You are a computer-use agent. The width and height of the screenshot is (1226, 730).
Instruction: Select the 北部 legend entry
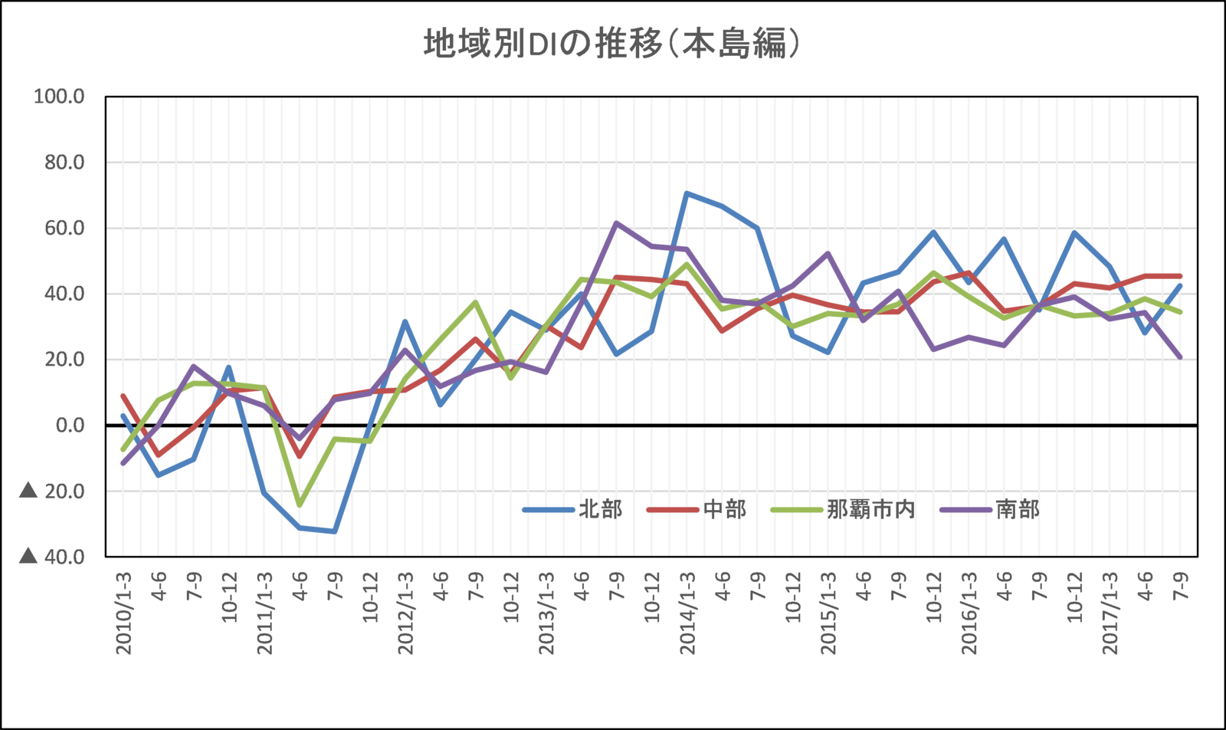[x=600, y=509]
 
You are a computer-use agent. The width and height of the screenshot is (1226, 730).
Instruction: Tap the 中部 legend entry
[x=724, y=509]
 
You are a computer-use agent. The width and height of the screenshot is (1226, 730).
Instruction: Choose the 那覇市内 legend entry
[x=871, y=509]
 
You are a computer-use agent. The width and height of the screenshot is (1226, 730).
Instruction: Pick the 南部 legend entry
[x=1018, y=509]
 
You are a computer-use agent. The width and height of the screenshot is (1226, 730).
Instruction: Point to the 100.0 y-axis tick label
[x=59, y=97]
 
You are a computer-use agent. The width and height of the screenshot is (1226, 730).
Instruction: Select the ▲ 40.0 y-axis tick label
[x=52, y=556]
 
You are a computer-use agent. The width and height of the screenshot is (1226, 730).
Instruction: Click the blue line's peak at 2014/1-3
[x=687, y=193]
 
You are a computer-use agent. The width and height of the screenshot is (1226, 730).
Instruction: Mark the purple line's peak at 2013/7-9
[x=617, y=223]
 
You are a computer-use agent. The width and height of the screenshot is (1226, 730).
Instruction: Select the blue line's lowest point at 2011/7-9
[x=335, y=531]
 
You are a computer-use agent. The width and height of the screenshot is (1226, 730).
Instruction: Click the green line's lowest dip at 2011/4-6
[x=300, y=505]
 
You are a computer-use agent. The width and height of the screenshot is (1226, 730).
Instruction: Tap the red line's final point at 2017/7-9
[x=1181, y=276]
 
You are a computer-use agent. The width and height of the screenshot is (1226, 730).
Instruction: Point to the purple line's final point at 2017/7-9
[x=1181, y=357]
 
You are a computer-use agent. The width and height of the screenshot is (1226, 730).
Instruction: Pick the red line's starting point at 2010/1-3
[x=123, y=396]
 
